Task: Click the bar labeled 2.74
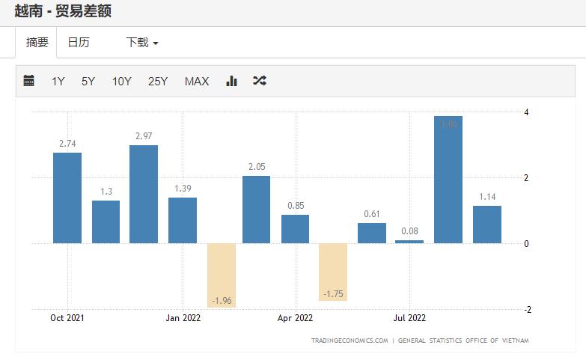coord(67,198)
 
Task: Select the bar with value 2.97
coord(144,194)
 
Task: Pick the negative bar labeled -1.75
coord(333,272)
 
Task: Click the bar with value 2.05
coord(256,210)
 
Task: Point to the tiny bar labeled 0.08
coord(409,242)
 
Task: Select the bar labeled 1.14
coord(487,225)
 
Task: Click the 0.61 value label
coord(372,214)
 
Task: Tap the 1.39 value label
coord(183,189)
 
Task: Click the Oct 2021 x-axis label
coord(67,317)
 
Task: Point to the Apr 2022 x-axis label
coord(295,317)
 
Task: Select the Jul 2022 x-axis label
coord(409,317)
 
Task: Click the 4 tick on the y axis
coord(527,112)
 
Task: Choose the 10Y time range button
coord(121,82)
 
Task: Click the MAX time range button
coord(197,82)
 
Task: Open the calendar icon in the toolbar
coord(29,81)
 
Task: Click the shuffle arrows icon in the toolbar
coord(259,81)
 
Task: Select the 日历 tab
coord(79,43)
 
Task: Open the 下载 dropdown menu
coord(142,43)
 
